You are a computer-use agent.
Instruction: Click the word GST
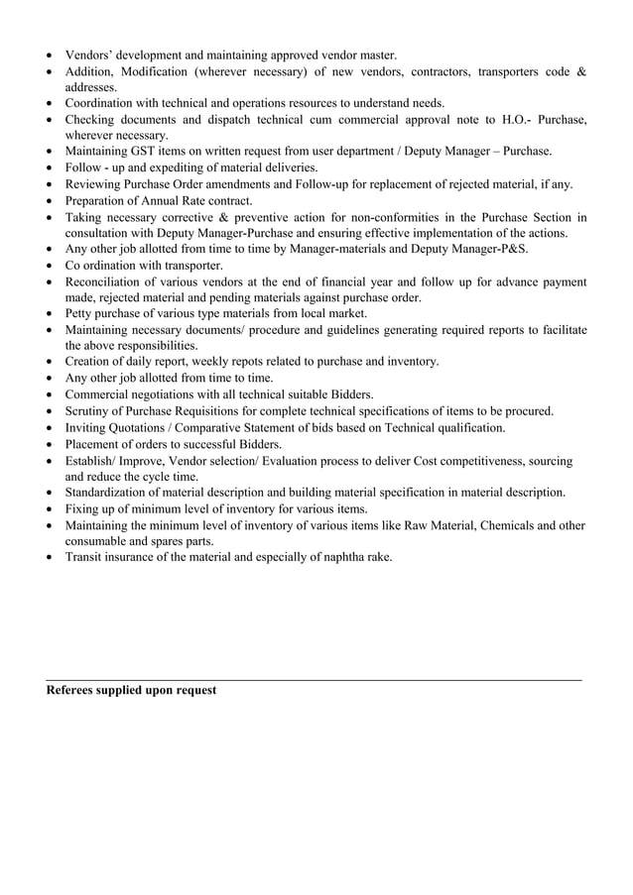[x=147, y=152]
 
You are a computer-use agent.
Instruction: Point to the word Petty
[x=81, y=314]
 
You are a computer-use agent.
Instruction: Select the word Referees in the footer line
[x=74, y=690]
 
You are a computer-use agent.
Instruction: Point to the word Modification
[x=167, y=71]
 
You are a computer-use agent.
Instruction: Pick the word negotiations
[x=172, y=394]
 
